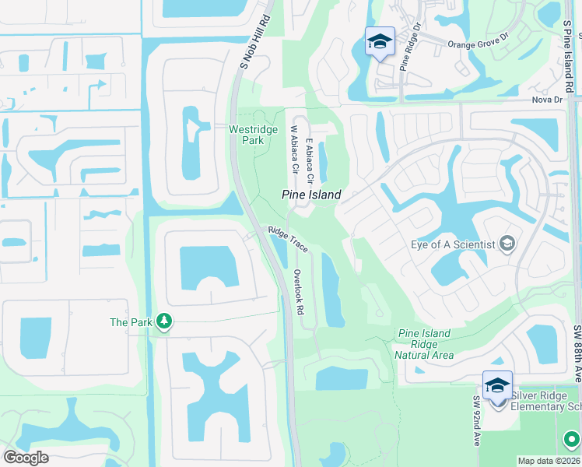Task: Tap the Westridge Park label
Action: tap(246, 135)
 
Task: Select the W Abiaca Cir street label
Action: tap(294, 150)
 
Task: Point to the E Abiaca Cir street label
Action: tap(310, 161)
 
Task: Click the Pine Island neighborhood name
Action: tap(310, 195)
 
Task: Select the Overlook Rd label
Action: tap(298, 292)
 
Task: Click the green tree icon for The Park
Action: tap(163, 321)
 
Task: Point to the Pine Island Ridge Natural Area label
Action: tap(424, 344)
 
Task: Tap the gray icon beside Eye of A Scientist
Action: tap(507, 244)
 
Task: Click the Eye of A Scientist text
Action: tap(453, 244)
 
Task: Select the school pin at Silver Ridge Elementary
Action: tap(497, 386)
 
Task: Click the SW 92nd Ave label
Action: tap(476, 431)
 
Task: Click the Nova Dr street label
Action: tap(546, 100)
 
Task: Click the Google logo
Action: tap(25, 457)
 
